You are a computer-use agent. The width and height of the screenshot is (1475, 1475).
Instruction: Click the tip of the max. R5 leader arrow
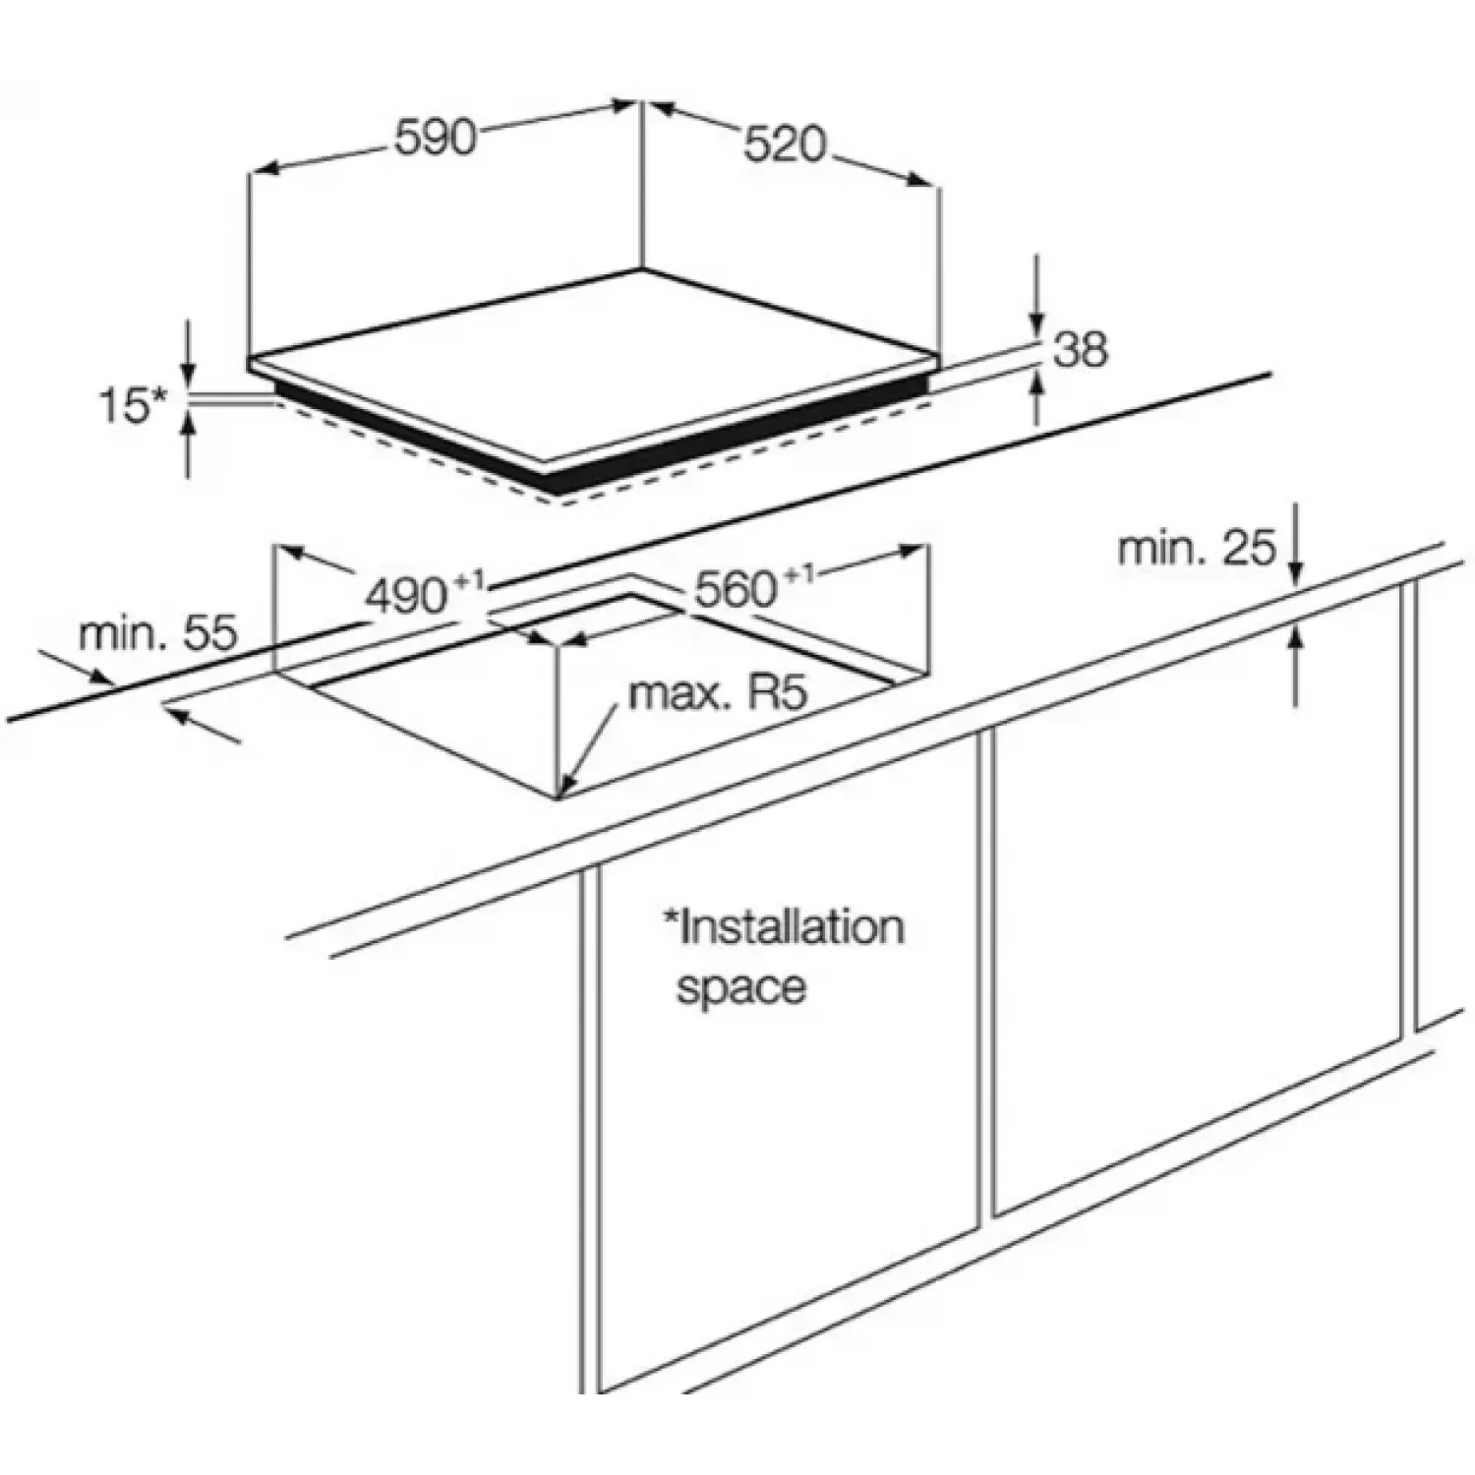560,794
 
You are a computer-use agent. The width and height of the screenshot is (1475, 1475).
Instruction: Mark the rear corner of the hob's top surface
641,269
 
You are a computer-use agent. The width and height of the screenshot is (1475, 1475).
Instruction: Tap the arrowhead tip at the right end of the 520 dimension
929,183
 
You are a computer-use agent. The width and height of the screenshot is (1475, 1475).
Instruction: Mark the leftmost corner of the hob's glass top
248,361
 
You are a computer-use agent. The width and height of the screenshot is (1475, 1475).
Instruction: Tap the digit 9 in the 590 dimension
436,139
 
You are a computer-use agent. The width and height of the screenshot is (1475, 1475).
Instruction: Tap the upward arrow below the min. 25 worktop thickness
1295,664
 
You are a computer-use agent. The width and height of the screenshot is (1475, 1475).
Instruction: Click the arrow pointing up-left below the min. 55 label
202,724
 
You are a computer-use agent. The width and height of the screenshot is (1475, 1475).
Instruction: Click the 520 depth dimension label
785,146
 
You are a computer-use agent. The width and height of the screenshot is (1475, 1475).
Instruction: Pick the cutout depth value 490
406,596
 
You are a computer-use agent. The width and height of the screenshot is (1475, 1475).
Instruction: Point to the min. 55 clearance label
158,634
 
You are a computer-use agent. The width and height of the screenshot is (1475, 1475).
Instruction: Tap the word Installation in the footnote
784,927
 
